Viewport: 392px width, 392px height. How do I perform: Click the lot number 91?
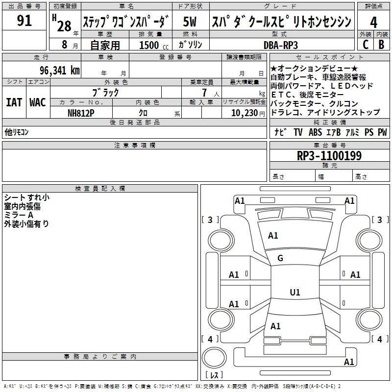pos(24,21)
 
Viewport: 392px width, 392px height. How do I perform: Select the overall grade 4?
pos(373,23)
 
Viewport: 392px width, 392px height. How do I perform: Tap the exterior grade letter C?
pos(366,45)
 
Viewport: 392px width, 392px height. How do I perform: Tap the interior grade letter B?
pos(381,45)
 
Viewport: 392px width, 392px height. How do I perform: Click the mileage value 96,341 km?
pos(60,71)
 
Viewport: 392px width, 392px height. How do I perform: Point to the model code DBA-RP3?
pos(281,45)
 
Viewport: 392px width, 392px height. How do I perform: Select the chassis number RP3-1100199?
pos(329,156)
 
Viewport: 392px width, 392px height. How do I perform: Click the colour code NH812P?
pos(81,113)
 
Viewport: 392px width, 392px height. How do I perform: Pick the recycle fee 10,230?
pos(245,113)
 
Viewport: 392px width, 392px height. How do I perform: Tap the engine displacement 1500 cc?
pos(154,45)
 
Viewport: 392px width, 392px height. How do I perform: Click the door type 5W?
pos(190,22)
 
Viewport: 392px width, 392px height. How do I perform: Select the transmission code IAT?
pos(14,102)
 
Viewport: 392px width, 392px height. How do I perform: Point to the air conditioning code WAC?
pos(38,102)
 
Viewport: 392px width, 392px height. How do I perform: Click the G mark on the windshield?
pos(280,258)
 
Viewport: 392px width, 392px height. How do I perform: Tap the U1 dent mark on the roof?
pos(295,292)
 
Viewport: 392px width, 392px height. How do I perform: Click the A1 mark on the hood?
pos(273,236)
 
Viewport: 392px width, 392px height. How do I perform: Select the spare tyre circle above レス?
pos(214,357)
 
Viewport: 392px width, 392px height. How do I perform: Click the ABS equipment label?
pos(315,132)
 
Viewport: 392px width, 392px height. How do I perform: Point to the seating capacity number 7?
pos(204,93)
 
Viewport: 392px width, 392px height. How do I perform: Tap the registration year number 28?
pos(64,26)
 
